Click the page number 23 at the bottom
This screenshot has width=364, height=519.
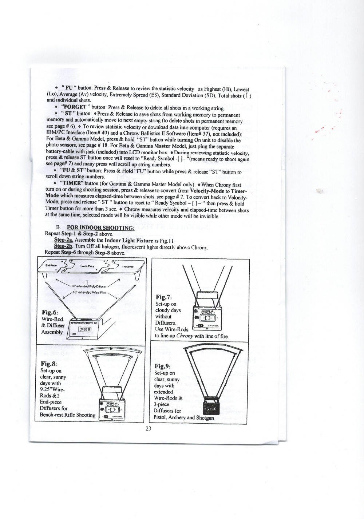(148, 429)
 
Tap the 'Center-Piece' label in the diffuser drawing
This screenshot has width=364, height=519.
(87, 266)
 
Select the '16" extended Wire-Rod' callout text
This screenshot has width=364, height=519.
(89, 292)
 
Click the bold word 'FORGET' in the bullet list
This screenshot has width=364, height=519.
(75, 107)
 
